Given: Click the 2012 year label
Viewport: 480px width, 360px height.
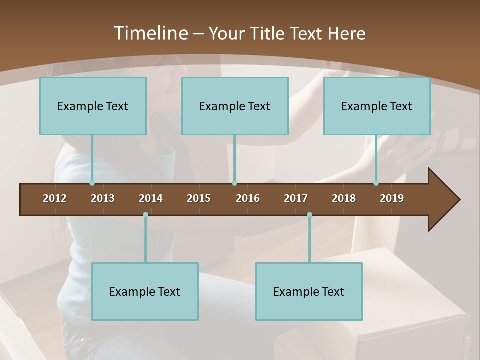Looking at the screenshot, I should pyautogui.click(x=55, y=198).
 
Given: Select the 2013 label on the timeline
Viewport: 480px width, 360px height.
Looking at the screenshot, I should pyautogui.click(x=103, y=198).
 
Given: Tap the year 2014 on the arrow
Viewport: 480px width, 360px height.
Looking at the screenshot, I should pyautogui.click(x=151, y=198).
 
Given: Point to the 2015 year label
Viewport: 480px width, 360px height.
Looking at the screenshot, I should pyautogui.click(x=199, y=198).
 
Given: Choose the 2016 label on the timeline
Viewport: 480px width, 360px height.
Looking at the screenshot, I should pyautogui.click(x=248, y=198).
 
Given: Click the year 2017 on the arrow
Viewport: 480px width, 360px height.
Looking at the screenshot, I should pyautogui.click(x=296, y=198).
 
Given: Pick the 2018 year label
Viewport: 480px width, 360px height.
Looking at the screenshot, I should pyautogui.click(x=344, y=198).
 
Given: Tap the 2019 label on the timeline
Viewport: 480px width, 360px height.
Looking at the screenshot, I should pyautogui.click(x=392, y=198).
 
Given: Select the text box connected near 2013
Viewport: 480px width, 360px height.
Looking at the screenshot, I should pyautogui.click(x=93, y=106).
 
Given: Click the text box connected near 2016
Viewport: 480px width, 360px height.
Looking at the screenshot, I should pyautogui.click(x=235, y=106).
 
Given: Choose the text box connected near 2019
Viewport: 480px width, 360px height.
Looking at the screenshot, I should pyautogui.click(x=377, y=106).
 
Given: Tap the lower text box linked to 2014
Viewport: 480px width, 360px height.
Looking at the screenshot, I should pyautogui.click(x=145, y=291).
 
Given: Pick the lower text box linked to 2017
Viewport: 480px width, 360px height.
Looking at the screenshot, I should pyautogui.click(x=309, y=291).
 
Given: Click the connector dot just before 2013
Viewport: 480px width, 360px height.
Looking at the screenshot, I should pyautogui.click(x=92, y=183).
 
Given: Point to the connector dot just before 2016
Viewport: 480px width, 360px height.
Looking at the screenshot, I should pyautogui.click(x=234, y=183).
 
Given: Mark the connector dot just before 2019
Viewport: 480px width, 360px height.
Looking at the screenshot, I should pyautogui.click(x=376, y=183).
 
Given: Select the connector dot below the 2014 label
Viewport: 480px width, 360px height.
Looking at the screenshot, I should pyautogui.click(x=145, y=214).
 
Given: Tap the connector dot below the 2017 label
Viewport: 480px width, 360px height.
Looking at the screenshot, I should pyautogui.click(x=309, y=214).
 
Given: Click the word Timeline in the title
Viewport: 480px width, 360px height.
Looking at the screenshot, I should pyautogui.click(x=150, y=33).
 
